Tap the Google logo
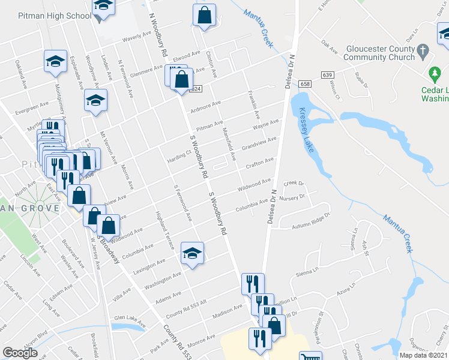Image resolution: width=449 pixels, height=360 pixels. click(20, 352)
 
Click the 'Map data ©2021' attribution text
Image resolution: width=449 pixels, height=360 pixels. click(424, 355)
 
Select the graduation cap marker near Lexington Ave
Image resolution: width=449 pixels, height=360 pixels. click(192, 253)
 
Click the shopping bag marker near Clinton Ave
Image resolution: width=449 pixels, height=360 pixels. click(204, 16)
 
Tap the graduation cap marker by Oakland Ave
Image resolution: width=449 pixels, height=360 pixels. click(55, 61)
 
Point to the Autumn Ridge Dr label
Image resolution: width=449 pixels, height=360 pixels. click(311, 221)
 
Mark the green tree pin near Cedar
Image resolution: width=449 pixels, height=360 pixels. click(435, 74)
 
